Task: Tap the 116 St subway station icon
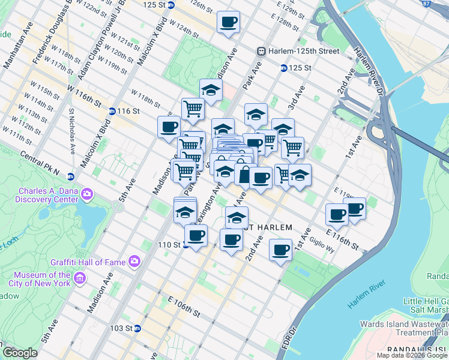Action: (112, 111)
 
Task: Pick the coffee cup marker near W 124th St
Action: (228, 22)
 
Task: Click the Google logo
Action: (20, 353)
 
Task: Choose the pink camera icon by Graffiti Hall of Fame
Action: (134, 261)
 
